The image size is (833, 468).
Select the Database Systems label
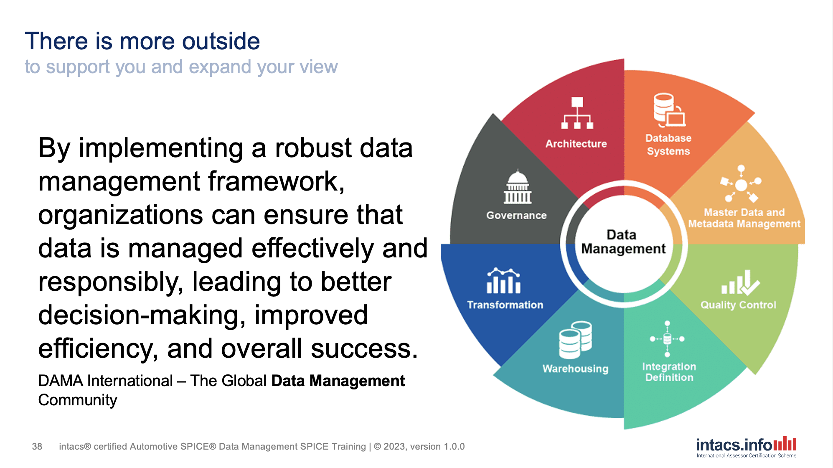point(668,145)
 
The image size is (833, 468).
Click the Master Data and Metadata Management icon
point(741,184)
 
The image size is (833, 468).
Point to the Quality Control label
point(738,305)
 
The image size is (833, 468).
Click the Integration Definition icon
point(667,339)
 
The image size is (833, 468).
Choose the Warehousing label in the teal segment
point(575,369)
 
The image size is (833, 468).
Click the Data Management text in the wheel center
point(623,242)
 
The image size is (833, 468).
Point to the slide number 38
point(37,446)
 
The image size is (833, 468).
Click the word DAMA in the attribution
point(61,381)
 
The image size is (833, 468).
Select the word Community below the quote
point(78,400)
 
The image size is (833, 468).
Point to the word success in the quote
point(363,348)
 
